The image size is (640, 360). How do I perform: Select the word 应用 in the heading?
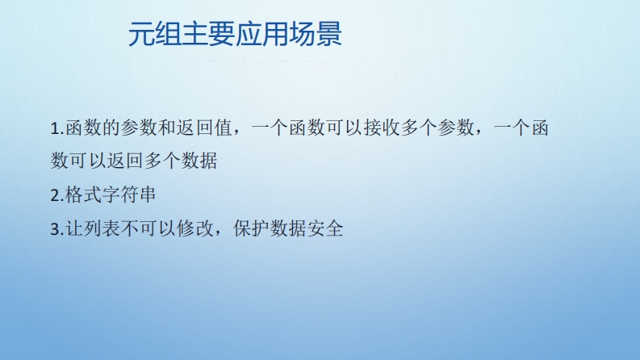click(261, 34)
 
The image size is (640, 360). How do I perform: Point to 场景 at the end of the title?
click(315, 34)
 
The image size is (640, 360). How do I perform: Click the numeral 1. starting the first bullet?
click(57, 128)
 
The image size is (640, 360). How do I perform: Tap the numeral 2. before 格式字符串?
click(57, 195)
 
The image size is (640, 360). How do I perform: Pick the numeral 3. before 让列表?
click(57, 228)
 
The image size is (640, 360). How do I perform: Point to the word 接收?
click(382, 128)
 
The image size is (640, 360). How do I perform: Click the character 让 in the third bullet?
click(74, 228)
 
